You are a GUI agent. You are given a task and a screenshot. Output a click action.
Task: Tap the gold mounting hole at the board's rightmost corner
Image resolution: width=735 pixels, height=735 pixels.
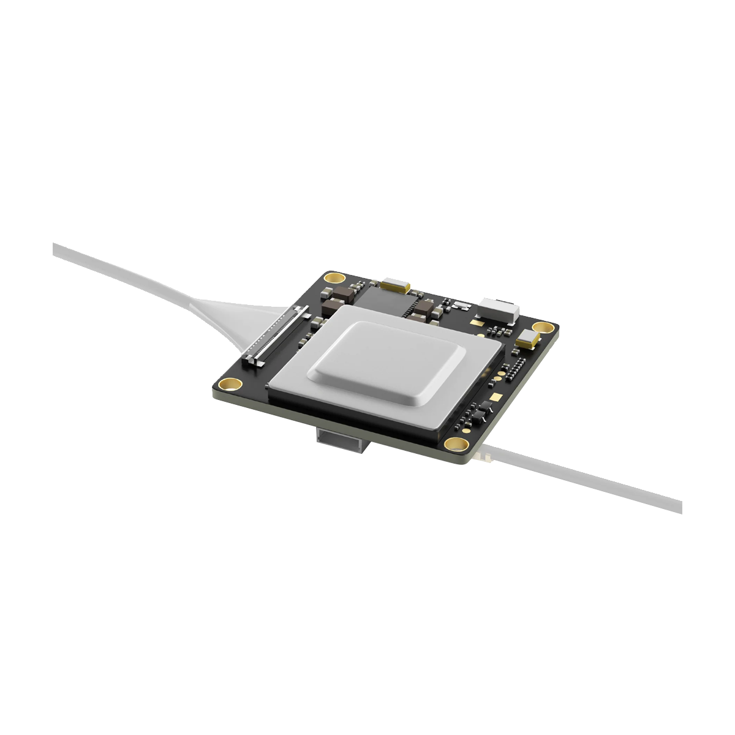pyautogui.click(x=539, y=328)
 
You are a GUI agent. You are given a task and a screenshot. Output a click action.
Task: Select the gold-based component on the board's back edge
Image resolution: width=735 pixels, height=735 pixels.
pyautogui.click(x=395, y=284)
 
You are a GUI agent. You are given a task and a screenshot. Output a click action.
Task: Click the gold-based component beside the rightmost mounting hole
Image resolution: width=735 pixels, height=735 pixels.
pyautogui.click(x=527, y=339)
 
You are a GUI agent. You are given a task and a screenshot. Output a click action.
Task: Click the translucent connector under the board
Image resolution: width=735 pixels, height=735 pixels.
pyautogui.click(x=341, y=440)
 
